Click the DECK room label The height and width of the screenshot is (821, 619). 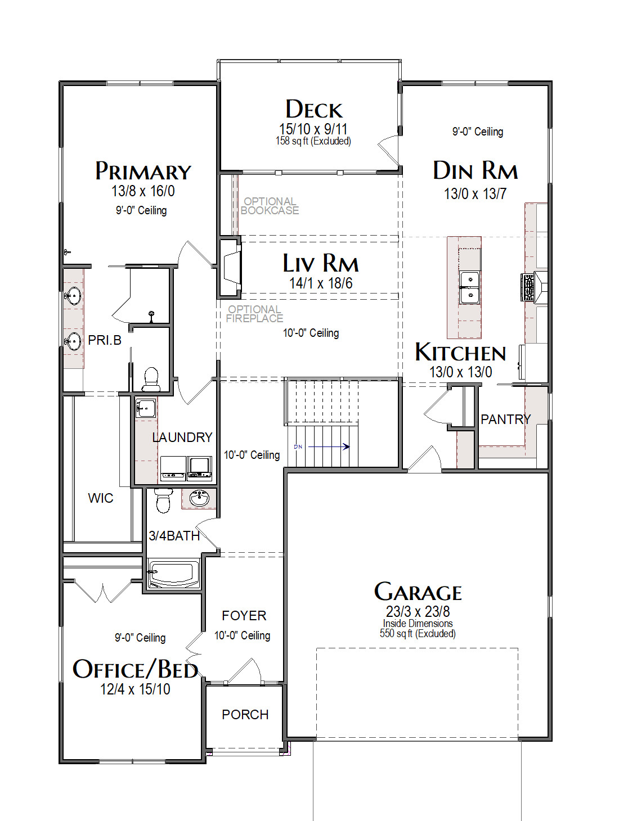pos(313,109)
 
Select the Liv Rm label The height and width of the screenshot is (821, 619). pos(320,263)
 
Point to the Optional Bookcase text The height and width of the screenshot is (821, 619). pos(270,206)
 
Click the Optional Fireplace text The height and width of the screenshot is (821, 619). pos(254,314)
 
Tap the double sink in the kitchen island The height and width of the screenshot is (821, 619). pos(470,287)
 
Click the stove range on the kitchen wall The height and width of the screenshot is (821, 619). pos(528,287)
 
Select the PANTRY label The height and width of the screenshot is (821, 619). pos(505,419)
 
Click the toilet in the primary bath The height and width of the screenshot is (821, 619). pos(151,378)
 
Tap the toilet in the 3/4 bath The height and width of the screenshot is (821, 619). pos(163,500)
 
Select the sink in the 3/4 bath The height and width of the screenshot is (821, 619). pos(199,498)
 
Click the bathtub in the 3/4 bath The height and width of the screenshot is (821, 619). pos(174,574)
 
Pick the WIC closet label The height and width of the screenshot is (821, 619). pos(101,498)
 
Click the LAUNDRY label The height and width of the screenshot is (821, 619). pos(182,437)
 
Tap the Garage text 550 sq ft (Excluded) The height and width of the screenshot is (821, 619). pos(418,633)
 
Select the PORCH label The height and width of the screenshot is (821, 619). pos(245,714)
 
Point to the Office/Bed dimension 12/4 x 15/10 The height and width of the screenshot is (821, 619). pos(135,689)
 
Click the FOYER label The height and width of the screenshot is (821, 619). pos(244,615)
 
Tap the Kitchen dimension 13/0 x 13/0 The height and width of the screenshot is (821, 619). pos(461,372)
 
